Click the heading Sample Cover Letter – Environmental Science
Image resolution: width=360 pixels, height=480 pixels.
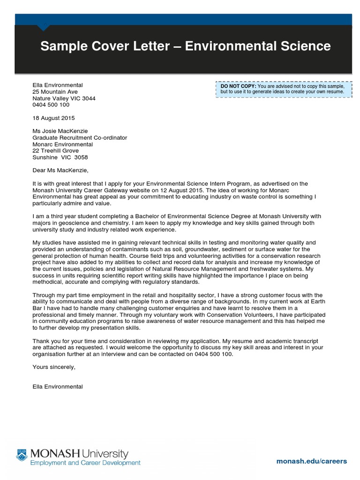(185, 46)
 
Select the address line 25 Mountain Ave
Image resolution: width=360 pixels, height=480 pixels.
(55, 92)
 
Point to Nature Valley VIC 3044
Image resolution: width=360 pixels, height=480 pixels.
(63, 98)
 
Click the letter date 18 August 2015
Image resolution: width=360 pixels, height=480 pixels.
(53, 118)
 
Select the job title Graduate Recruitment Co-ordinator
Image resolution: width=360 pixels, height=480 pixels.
(80, 138)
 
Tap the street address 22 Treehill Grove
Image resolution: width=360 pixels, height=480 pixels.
(55, 151)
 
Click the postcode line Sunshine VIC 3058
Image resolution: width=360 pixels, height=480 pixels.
(60, 157)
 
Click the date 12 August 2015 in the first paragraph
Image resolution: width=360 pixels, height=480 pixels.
(217, 191)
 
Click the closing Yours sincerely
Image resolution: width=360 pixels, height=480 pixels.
(54, 367)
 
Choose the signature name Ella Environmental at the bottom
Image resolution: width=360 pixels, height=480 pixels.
(58, 387)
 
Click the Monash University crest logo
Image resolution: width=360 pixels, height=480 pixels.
(22, 454)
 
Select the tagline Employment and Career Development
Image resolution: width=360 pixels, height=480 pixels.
(85, 463)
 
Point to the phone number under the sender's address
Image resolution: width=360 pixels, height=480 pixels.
(51, 105)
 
